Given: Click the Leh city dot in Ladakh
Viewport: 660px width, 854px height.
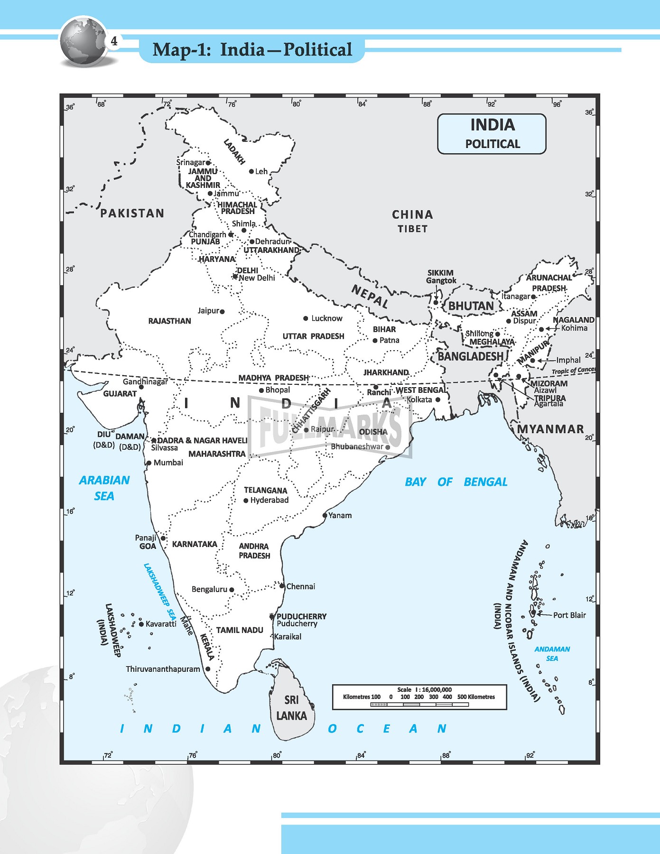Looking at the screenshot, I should coord(251,171).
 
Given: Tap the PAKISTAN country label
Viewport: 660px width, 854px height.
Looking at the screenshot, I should coord(132,213).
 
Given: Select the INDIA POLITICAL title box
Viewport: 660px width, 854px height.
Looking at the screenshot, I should coord(492,134).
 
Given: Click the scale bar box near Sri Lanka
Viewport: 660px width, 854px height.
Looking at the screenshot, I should coord(419,697).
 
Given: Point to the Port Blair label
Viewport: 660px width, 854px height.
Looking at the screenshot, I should coord(569,615).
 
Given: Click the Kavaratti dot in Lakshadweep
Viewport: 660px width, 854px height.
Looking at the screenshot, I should coord(141,624).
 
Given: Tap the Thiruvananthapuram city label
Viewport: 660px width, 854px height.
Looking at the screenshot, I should coord(163,669).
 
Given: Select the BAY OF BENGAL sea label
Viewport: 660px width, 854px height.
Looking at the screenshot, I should coord(456,482).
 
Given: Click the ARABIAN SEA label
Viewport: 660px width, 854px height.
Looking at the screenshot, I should coord(104,488).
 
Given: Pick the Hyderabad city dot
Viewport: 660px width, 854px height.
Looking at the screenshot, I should coord(246,501).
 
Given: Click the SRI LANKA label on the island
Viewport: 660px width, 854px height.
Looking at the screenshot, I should coord(291,708).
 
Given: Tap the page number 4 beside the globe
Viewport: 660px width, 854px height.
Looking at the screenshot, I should coord(114,41).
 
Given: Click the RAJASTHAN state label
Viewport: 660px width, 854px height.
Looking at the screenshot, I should coord(169,321).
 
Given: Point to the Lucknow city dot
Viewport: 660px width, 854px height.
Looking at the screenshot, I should coord(306,318).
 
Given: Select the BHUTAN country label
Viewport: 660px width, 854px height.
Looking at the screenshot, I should coord(471,306).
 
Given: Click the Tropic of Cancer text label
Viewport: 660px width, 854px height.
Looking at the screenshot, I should coord(573,371).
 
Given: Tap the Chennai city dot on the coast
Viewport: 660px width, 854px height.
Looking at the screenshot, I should coord(282,586).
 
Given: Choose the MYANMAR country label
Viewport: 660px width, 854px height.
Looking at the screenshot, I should coord(550,429).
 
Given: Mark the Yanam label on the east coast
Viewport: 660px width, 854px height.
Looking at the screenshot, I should coord(340,515).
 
